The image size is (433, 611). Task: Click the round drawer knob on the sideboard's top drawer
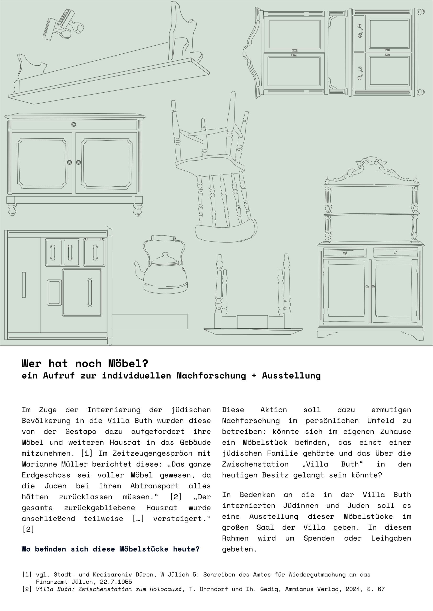(74, 124)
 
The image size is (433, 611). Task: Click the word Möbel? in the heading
(128, 363)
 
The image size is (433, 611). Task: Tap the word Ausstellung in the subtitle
(291, 376)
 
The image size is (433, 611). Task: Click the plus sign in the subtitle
(254, 376)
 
